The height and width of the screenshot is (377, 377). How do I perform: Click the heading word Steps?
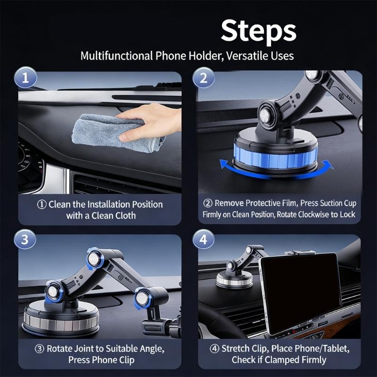tap(258, 31)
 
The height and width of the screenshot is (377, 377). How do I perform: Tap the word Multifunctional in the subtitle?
tap(116, 56)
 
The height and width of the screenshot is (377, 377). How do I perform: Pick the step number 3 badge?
tap(25, 240)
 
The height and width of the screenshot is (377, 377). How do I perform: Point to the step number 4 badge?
tap(204, 240)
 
